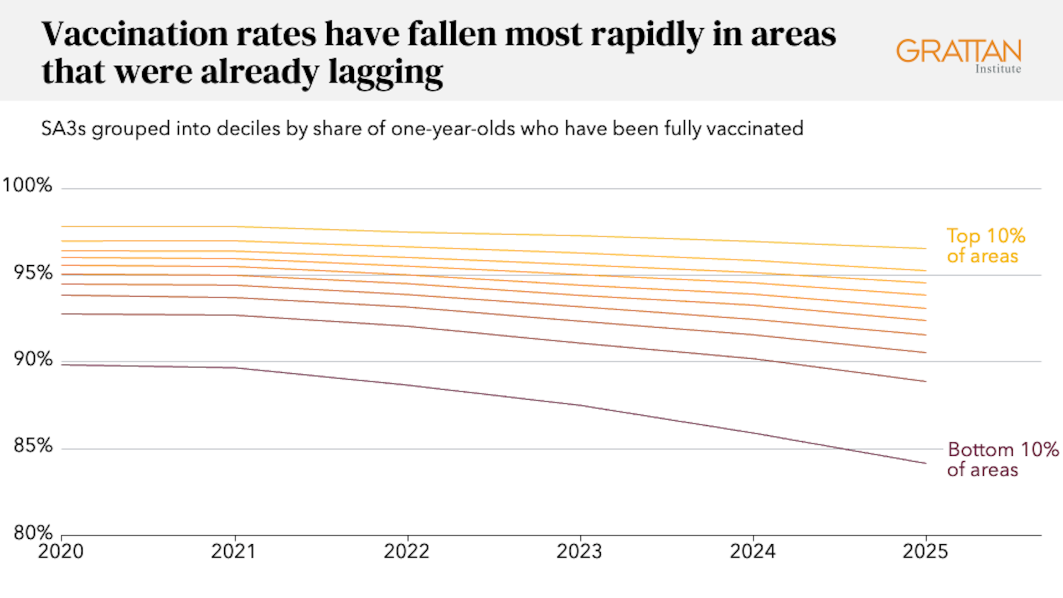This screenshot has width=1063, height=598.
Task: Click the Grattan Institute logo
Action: click(959, 56)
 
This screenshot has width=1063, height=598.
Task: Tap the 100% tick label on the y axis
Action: click(27, 185)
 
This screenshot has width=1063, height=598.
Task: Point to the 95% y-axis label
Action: click(33, 272)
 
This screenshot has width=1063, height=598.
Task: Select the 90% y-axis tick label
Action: click(33, 359)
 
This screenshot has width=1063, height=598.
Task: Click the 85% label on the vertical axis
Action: click(33, 446)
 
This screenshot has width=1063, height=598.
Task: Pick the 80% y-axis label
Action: click(33, 533)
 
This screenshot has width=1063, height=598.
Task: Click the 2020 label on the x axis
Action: click(61, 551)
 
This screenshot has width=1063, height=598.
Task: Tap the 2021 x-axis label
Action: click(234, 551)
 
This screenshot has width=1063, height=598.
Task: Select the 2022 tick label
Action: click(407, 551)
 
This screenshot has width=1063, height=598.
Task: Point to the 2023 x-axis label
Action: click(580, 551)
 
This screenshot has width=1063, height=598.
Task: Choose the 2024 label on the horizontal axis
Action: click(752, 551)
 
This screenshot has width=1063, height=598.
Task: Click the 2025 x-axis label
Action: click(926, 551)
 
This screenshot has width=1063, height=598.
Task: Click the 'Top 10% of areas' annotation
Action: click(985, 246)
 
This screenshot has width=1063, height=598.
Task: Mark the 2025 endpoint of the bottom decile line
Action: click(926, 463)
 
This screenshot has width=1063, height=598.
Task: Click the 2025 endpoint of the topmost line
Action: click(926, 249)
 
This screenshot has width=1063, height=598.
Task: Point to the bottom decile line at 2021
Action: click(235, 368)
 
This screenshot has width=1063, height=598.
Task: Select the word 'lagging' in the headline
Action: click(385, 73)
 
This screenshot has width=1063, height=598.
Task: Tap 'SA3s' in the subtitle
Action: click(64, 129)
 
